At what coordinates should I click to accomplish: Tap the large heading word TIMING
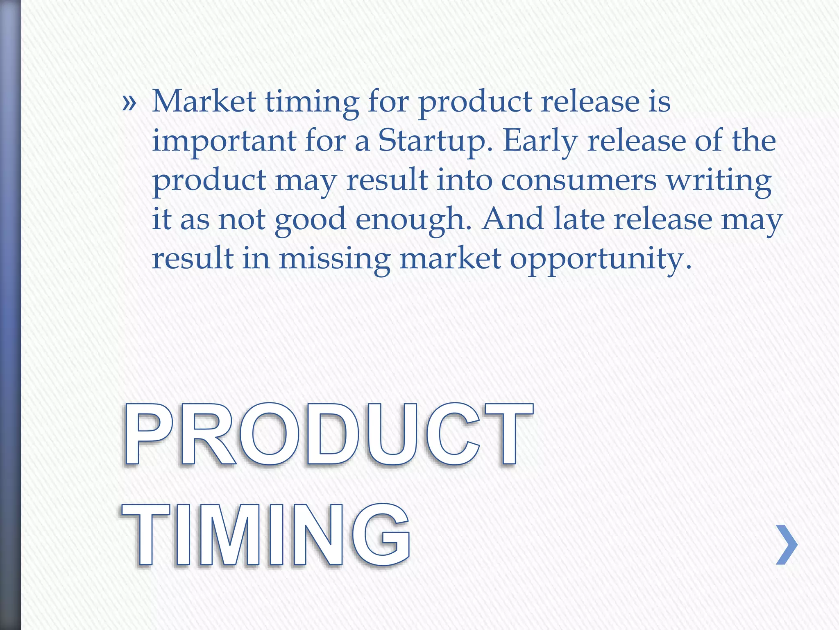pyautogui.click(x=266, y=535)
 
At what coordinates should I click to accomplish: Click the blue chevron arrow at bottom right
pyautogui.click(x=787, y=545)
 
